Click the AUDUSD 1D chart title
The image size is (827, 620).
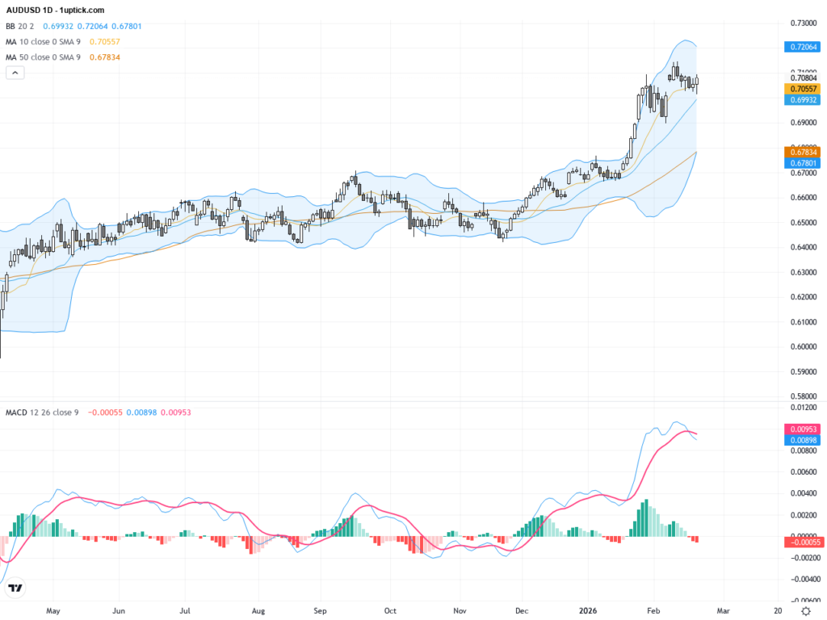(x=55, y=10)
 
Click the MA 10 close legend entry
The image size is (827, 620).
(x=48, y=41)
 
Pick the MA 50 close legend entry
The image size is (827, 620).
(x=48, y=57)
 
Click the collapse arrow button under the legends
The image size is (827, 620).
(x=15, y=73)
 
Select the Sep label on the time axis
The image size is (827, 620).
(x=320, y=611)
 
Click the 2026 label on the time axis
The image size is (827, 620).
(x=588, y=611)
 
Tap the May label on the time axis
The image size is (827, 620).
(x=54, y=611)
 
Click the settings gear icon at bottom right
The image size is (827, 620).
(x=805, y=611)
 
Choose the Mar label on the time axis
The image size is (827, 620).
(x=723, y=611)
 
